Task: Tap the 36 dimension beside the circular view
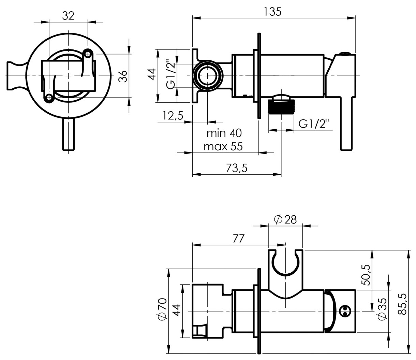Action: coord(123,76)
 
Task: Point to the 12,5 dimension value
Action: coord(173,116)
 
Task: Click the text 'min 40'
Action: coord(224,133)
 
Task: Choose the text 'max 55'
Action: coord(223,146)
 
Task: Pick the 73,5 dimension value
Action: coord(237,168)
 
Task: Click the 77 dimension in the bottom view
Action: coord(238,239)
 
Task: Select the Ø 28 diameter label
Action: coord(285,220)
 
